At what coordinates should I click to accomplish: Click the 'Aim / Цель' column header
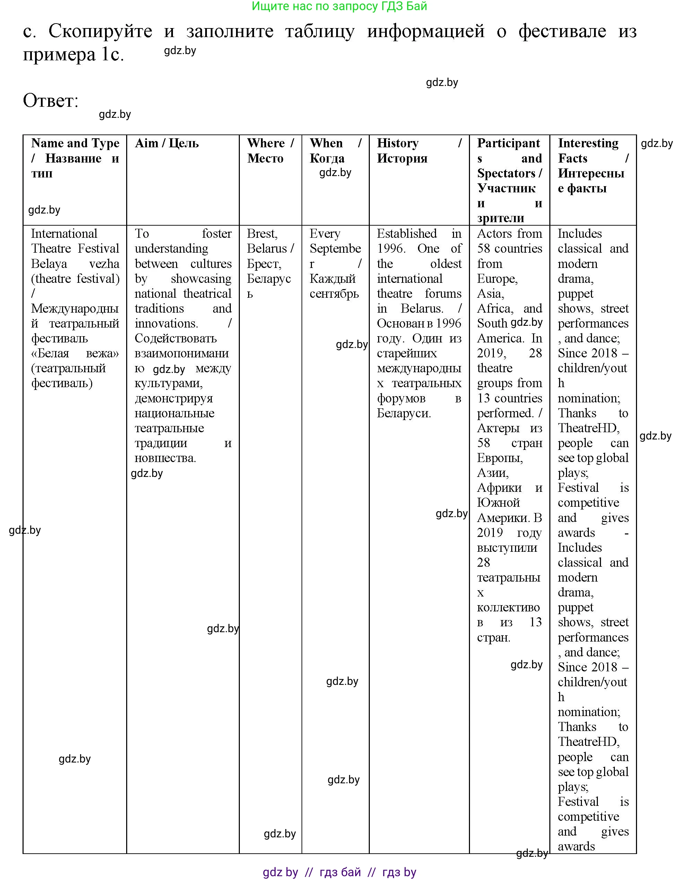166,143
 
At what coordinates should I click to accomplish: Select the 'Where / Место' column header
270,151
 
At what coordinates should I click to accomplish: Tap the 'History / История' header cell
419,151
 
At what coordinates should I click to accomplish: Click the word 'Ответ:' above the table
50,101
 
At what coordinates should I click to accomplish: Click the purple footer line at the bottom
339,872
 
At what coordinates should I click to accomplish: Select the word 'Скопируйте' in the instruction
100,31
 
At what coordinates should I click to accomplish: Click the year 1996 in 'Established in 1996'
390,249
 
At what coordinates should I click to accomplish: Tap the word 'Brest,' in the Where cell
262,234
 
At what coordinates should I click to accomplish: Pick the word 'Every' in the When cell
325,234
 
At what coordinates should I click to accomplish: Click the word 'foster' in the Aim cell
217,234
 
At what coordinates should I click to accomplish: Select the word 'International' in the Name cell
64,234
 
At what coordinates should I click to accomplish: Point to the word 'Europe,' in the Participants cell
497,279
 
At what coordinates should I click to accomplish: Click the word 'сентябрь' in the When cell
334,294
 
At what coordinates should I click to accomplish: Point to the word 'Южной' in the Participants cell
498,503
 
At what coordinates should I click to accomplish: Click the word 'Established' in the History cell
407,234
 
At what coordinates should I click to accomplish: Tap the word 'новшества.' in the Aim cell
165,458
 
